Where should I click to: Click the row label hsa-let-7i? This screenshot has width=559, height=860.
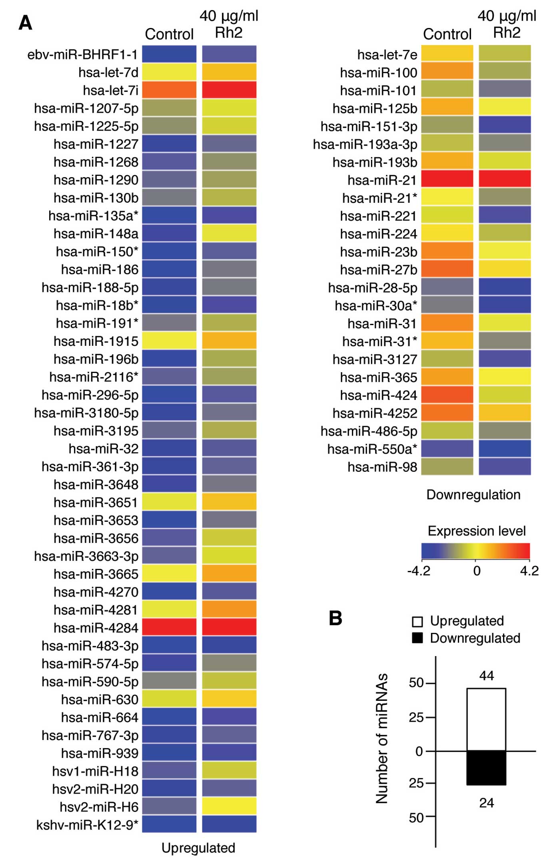point(110,90)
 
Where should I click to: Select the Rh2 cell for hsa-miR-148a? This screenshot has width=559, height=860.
point(229,233)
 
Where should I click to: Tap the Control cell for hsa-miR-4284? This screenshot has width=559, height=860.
point(169,627)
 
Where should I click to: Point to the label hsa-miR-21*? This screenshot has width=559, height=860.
point(379,198)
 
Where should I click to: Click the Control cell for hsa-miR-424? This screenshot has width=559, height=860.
point(447,395)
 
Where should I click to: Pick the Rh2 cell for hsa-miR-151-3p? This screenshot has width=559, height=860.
point(505,126)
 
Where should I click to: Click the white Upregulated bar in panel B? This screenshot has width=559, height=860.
point(486,719)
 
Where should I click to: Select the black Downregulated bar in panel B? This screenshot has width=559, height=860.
point(486,768)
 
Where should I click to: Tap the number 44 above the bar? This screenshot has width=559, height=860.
point(487,676)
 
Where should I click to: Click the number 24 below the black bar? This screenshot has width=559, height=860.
point(487,803)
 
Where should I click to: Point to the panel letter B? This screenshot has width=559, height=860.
point(335,618)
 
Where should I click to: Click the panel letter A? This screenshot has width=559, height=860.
point(25,23)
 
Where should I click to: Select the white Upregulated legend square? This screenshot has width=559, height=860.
point(417,621)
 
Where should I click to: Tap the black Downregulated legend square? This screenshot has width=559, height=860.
point(417,638)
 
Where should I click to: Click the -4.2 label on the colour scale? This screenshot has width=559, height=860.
point(419,571)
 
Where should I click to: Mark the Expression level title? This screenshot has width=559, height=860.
point(477,531)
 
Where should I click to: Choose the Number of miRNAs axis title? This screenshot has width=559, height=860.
point(382,738)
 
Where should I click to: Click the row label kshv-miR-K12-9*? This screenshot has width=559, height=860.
point(87,825)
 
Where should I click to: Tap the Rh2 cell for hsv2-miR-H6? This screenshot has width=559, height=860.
point(229,806)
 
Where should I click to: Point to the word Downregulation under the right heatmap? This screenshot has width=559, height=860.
point(473,495)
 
